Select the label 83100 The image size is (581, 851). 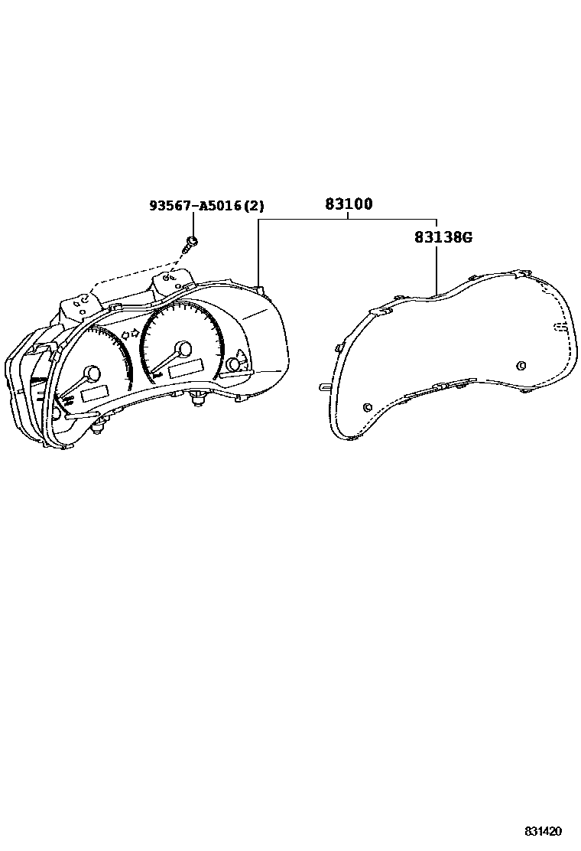[349, 204]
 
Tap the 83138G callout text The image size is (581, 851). [443, 237]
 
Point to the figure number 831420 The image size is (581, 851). [543, 831]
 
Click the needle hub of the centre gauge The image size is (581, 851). [183, 349]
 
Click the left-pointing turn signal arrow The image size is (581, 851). [122, 334]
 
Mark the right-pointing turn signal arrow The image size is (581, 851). [135, 331]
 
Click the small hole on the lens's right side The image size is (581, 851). [521, 364]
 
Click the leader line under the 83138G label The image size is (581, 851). [436, 268]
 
